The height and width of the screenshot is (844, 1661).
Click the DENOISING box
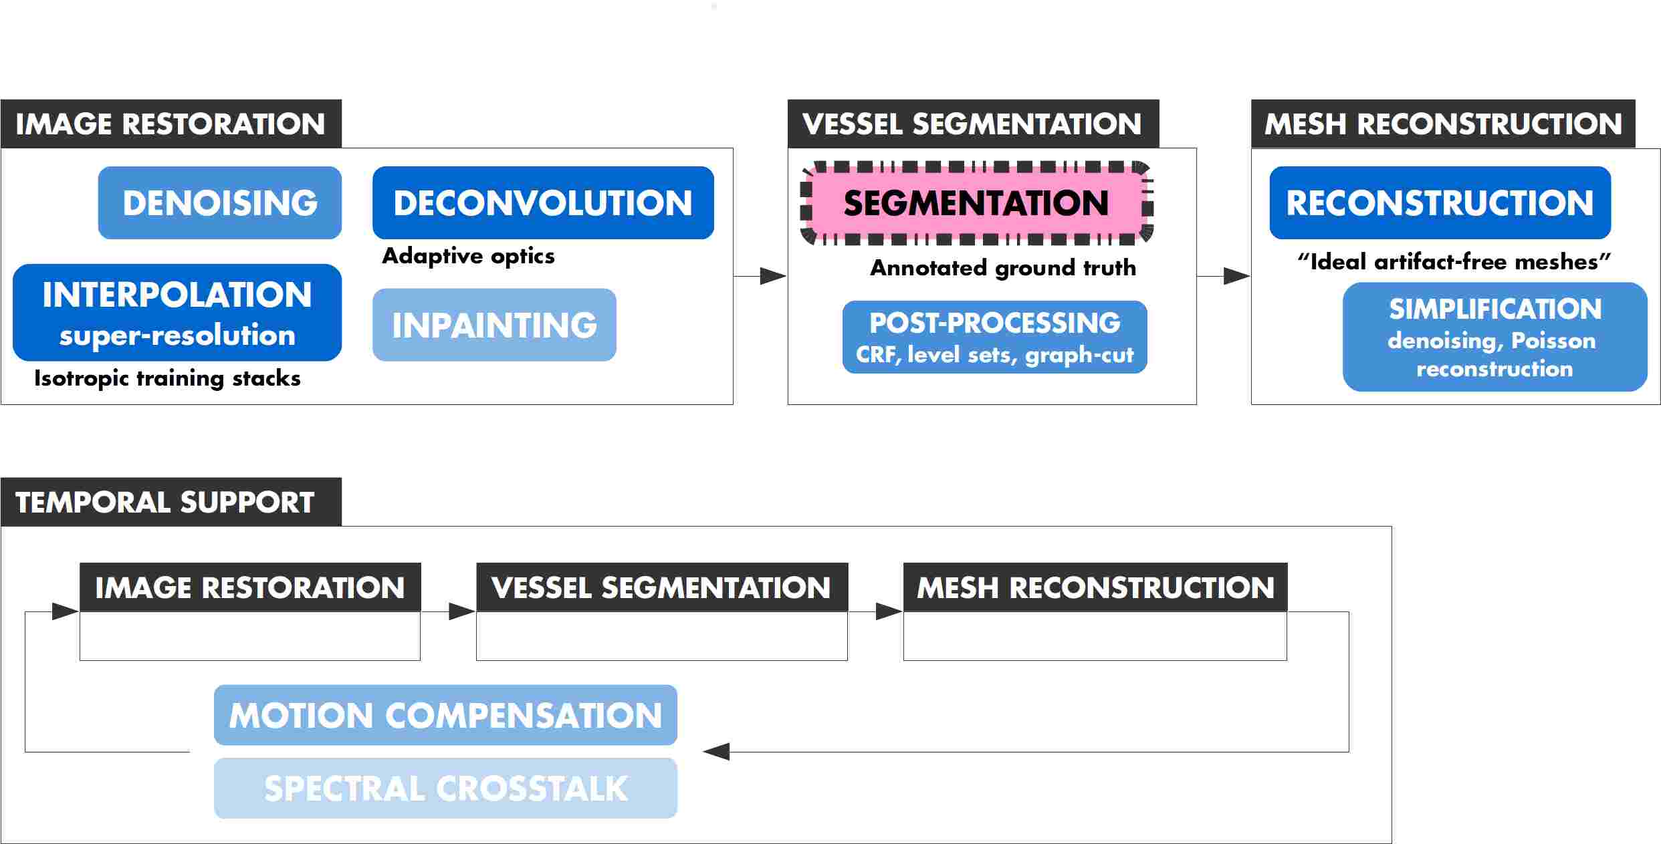coord(219,202)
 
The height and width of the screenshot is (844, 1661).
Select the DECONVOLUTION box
coord(542,202)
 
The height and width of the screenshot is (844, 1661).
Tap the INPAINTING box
coord(493,325)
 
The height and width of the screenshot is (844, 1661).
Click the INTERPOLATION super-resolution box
coord(177,312)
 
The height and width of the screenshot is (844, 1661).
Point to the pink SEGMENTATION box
coord(976,202)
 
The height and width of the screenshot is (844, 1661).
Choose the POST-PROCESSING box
coord(994,337)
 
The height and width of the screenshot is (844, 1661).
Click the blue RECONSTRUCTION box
coord(1440,202)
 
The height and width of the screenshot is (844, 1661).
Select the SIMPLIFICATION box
coord(1494,337)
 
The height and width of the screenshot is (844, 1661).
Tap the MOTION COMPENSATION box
coord(445,715)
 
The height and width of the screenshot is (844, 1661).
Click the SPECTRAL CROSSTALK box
coord(445,788)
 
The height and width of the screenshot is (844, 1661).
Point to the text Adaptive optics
coord(468,256)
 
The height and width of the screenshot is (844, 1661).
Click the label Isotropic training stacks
coord(167,378)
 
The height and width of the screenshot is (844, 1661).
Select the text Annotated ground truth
coord(1002,268)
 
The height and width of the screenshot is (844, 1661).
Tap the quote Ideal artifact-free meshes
coord(1454,261)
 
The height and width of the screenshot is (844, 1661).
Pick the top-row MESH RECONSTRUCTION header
coord(1442,124)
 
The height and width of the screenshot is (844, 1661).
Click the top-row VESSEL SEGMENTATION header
coord(972,124)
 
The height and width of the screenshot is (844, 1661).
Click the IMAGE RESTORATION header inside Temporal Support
coord(249,587)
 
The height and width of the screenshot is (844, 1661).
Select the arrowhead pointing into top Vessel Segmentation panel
coord(773,276)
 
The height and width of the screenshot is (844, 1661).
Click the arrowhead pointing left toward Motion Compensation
coord(716,752)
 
